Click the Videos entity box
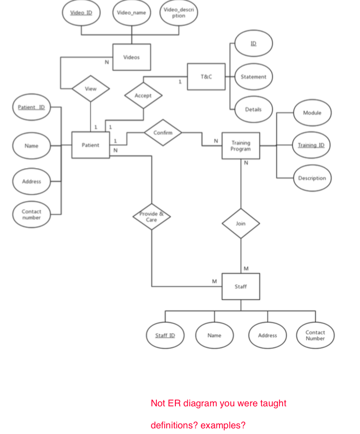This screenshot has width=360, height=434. [131, 57]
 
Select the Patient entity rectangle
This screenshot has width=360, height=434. [90, 145]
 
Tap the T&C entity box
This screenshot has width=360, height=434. [206, 77]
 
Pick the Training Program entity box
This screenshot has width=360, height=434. [241, 146]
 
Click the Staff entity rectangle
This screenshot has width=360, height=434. [241, 286]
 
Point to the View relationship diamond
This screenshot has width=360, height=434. [90, 89]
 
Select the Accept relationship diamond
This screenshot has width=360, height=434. [143, 96]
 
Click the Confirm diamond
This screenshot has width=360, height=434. [163, 132]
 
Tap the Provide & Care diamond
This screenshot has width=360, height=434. [151, 217]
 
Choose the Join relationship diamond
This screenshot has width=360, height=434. [241, 223]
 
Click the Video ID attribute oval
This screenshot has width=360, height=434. [81, 13]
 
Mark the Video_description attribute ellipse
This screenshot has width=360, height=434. [179, 13]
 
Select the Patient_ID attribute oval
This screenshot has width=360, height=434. [31, 107]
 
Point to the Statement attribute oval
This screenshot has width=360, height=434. [253, 77]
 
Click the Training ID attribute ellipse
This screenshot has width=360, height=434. [311, 146]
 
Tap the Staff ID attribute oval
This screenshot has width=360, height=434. [165, 336]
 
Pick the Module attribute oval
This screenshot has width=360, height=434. [312, 113]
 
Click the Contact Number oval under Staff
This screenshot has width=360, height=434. [315, 336]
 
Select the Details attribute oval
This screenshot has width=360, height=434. [253, 109]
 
